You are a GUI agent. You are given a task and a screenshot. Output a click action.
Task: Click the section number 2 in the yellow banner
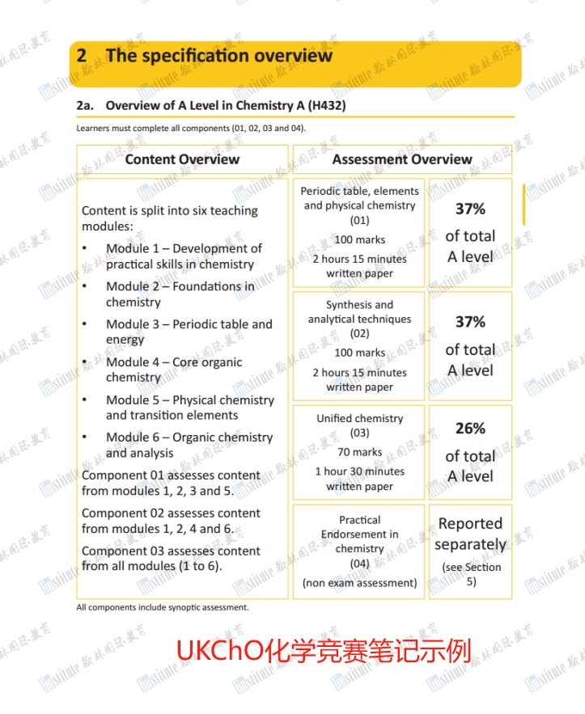(82, 56)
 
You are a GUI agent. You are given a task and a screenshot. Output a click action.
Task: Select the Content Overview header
(182, 159)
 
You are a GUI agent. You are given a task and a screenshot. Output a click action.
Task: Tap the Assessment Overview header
(402, 159)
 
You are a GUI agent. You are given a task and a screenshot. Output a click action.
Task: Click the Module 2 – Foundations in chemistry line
(180, 294)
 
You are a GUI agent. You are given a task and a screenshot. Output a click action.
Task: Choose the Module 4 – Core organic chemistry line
(174, 370)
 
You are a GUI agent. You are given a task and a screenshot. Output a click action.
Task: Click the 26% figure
(470, 429)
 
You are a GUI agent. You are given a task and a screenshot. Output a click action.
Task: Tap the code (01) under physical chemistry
(359, 220)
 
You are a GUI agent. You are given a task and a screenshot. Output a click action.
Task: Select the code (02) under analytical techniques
(359, 333)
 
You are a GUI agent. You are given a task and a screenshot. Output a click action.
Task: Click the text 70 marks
(359, 452)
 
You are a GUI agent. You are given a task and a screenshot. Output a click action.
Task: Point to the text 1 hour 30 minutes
(359, 471)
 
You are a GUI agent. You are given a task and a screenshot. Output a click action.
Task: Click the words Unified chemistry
(359, 419)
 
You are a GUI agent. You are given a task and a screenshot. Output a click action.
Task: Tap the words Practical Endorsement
(359, 527)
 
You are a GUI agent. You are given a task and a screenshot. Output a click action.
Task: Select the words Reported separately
(470, 534)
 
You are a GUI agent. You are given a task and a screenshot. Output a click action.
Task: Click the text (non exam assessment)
(359, 582)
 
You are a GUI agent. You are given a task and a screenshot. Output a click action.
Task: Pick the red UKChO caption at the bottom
(324, 649)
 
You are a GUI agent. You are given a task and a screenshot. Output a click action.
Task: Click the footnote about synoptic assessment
(163, 607)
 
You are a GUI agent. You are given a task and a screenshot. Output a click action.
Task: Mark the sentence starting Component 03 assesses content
(171, 558)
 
